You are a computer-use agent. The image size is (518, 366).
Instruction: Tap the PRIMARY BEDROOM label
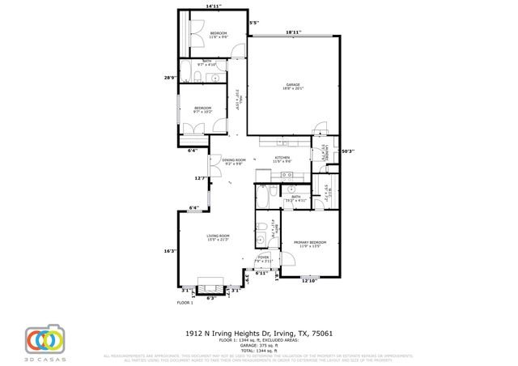(309, 244)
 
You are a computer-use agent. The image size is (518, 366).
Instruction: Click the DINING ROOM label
(234, 161)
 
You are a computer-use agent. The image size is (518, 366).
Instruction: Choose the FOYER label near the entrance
(264, 258)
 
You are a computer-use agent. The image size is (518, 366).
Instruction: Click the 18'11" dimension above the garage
(293, 33)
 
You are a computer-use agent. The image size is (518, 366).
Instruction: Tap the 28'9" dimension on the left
(170, 78)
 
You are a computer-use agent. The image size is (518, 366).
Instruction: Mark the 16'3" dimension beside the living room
(170, 251)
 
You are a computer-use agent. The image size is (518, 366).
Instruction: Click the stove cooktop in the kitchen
(262, 176)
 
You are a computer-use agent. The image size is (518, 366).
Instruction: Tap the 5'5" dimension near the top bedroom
(254, 23)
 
